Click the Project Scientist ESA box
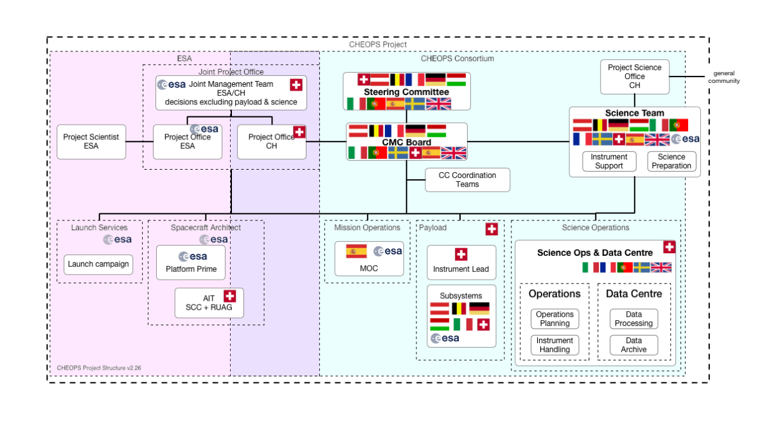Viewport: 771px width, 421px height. pos(91,141)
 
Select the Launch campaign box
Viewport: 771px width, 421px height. pos(98,264)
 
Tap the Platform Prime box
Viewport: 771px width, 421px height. pos(191,262)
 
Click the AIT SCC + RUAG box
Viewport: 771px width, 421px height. pos(209,303)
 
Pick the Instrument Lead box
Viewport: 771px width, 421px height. pos(461,262)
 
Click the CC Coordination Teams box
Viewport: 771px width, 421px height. pos(467,180)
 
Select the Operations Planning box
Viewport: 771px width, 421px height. pos(554,319)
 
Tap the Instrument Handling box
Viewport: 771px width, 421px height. pos(554,345)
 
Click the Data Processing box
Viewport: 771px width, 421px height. pos(634,319)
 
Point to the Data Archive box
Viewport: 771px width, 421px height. pos(634,345)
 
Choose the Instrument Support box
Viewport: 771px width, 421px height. pos(608,161)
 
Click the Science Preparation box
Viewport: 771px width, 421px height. pos(672,161)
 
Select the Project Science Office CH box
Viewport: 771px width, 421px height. pos(634,76)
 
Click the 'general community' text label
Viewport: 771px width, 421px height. pos(724,77)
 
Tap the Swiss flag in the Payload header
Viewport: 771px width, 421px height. pos(492,229)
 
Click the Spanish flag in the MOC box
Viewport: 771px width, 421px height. pos(356,251)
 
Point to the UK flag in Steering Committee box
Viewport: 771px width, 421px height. pos(439,104)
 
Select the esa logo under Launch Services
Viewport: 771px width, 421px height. pos(118,239)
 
